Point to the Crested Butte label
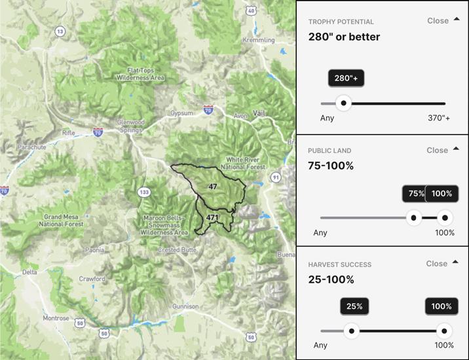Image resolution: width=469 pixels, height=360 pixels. tap(178, 250)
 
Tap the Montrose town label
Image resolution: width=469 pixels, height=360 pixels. tap(56, 318)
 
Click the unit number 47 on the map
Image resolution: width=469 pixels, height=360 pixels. tap(212, 187)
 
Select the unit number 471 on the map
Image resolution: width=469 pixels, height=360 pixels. tap(212, 217)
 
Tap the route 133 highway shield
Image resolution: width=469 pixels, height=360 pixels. tap(143, 192)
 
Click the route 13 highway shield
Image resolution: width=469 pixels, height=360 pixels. tap(60, 31)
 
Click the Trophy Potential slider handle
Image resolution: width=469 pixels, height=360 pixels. tap(343, 103)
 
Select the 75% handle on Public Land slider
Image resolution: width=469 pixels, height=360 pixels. tap(413, 218)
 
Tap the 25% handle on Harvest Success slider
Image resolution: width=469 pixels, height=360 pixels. tap(352, 331)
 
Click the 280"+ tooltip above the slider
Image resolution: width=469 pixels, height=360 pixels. tap(347, 79)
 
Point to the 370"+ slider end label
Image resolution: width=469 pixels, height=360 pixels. tap(439, 118)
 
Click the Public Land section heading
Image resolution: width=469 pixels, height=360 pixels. tap(330, 151)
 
